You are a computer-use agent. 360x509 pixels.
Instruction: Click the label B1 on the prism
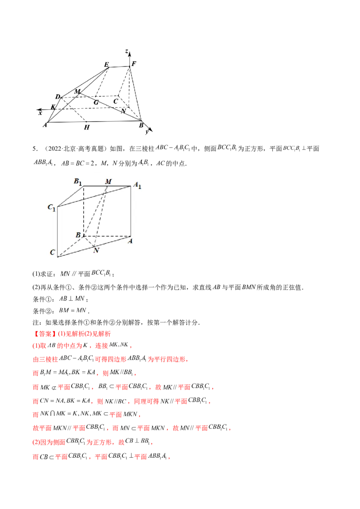(x=78, y=182)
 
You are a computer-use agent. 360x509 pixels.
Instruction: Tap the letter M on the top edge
(x=108, y=181)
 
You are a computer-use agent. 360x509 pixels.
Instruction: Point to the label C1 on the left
(x=52, y=208)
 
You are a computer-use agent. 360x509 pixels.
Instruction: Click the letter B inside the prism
(x=78, y=235)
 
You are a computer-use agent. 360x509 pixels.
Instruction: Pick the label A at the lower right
(x=130, y=241)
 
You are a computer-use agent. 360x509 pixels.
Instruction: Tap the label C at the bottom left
(x=53, y=253)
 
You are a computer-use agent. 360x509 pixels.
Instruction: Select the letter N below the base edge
(x=96, y=250)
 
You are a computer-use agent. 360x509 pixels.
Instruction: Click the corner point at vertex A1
(x=131, y=186)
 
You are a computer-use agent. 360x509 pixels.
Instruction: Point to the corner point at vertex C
(x=58, y=257)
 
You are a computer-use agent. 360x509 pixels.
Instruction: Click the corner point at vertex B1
(x=84, y=186)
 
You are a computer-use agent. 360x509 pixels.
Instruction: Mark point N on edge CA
(x=94, y=246)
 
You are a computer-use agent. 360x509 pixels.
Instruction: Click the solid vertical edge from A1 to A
(x=131, y=211)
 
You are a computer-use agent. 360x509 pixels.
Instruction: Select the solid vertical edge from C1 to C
(x=58, y=232)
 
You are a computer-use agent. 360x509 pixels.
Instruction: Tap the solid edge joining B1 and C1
(x=71, y=196)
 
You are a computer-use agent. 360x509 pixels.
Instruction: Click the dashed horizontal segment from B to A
(x=108, y=236)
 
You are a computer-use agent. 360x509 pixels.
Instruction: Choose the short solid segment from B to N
(x=89, y=241)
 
